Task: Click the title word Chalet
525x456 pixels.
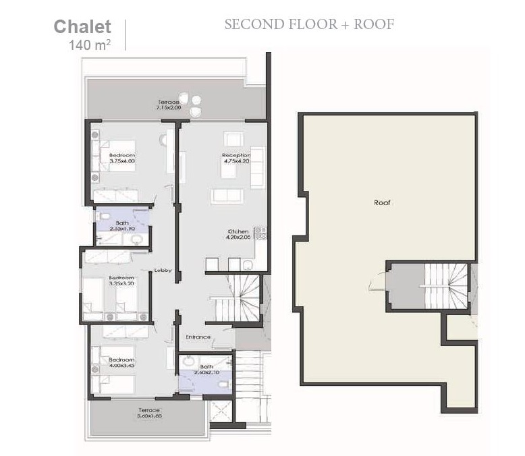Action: (x=82, y=27)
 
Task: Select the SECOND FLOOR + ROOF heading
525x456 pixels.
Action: (x=309, y=24)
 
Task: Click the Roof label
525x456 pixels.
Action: (x=383, y=202)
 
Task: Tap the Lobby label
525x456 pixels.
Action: (x=163, y=270)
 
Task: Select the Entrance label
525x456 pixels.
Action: (x=198, y=337)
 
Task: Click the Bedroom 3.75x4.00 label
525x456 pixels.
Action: (x=122, y=158)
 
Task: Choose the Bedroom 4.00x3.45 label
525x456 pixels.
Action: (x=121, y=362)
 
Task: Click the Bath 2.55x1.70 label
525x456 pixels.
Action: (x=122, y=225)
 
